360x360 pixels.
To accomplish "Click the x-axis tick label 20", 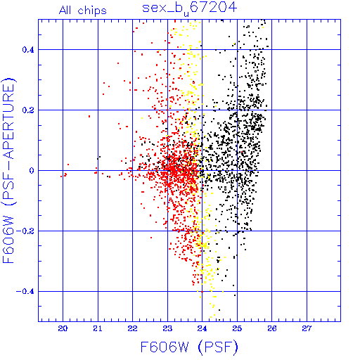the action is coord(63,328).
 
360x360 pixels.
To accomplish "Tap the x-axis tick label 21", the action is coord(98,328).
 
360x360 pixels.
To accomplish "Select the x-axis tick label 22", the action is coord(132,328).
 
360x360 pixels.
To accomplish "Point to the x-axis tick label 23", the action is coord(167,328).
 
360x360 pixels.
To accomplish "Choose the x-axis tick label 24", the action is coord(202,328).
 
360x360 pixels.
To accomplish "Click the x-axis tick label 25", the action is coord(237,328).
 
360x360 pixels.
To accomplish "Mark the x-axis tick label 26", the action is coord(272,328).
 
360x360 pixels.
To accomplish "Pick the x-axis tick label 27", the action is coord(307,328).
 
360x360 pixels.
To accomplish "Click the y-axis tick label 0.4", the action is coord(28,49).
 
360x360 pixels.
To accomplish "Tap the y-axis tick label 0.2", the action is coord(28,110).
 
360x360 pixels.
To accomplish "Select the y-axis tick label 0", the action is coord(32,170).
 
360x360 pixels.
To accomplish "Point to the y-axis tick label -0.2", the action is coord(25,231).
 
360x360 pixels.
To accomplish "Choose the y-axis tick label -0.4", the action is coord(25,291).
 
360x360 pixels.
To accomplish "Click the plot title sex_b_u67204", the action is coord(190,8).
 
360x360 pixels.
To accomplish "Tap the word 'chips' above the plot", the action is coord(92,11).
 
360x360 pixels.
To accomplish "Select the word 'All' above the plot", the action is coord(65,10).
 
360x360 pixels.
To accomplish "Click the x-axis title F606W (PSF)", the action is coord(189,347).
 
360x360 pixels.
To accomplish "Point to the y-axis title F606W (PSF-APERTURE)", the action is coord(9,171).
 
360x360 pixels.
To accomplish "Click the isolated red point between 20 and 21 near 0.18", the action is coord(89,116).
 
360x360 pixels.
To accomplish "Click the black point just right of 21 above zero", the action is coord(100,157).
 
